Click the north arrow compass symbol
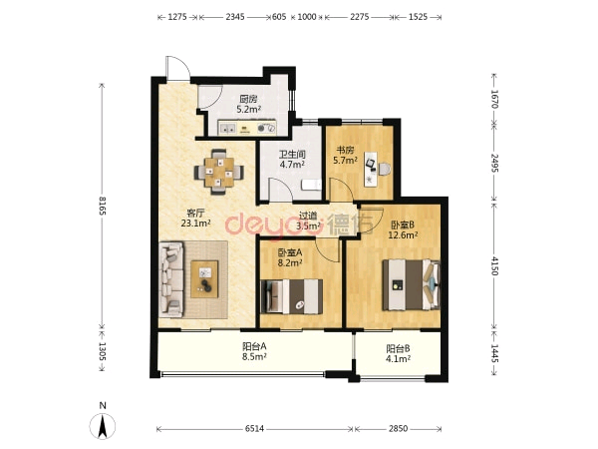pyautogui.click(x=103, y=426)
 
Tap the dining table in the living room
pyautogui.click(x=219, y=172)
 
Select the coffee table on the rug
pyautogui.click(x=204, y=279)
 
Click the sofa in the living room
pyautogui.click(x=171, y=279)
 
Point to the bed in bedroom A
pyautogui.click(x=291, y=296)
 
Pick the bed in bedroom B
pyautogui.click(x=412, y=284)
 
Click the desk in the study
pyautogui.click(x=371, y=170)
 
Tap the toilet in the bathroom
pyautogui.click(x=311, y=186)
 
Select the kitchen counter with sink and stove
pyautogui.click(x=247, y=128)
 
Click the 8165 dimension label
pyautogui.click(x=102, y=206)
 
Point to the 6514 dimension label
pyautogui.click(x=254, y=429)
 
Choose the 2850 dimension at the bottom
pyautogui.click(x=398, y=429)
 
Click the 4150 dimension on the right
pyautogui.click(x=494, y=265)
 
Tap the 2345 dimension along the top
pyautogui.click(x=235, y=17)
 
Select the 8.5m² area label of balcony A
pyautogui.click(x=254, y=357)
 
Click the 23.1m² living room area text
pyautogui.click(x=196, y=223)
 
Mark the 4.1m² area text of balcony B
pyautogui.click(x=398, y=358)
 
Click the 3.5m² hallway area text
pyautogui.click(x=308, y=225)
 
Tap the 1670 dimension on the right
pyautogui.click(x=494, y=99)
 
